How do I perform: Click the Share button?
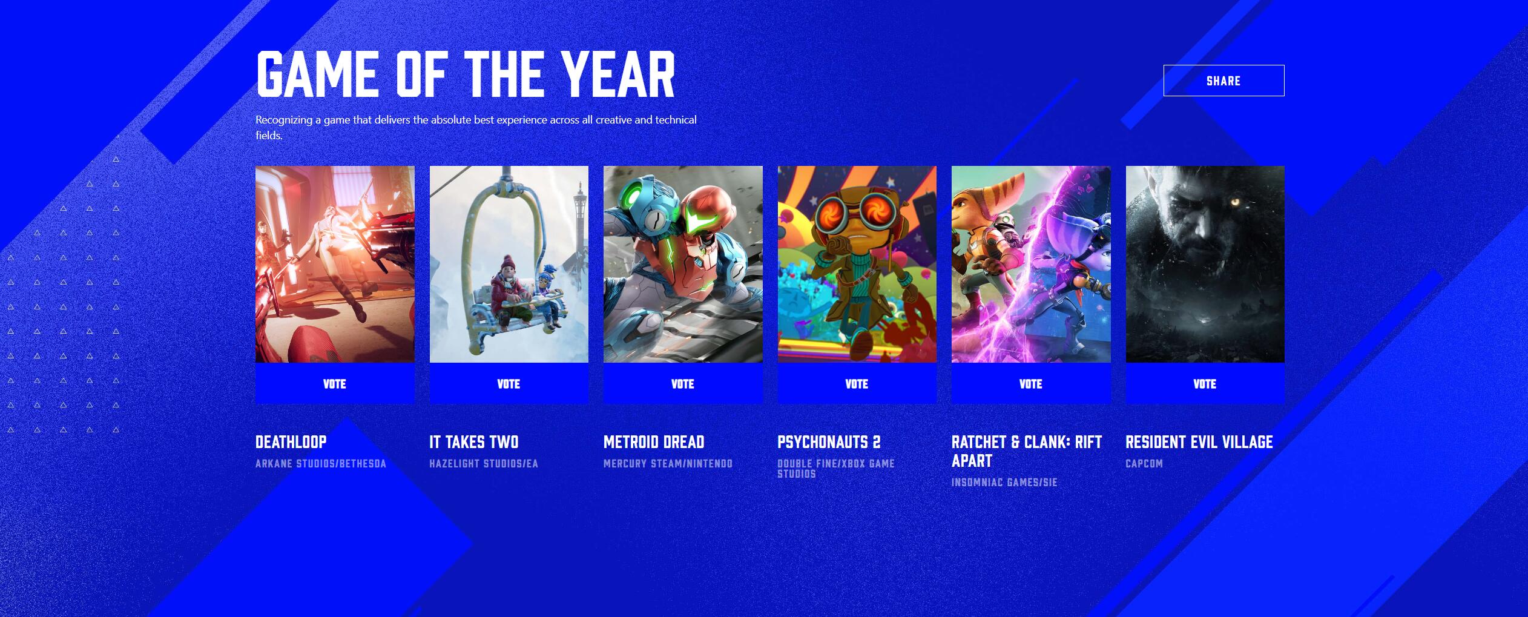click(x=1223, y=81)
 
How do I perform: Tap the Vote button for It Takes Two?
click(x=509, y=384)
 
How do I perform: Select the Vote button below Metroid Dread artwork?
click(x=683, y=384)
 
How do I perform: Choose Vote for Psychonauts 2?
click(x=857, y=384)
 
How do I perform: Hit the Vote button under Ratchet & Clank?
click(x=1031, y=384)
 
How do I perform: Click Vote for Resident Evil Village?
click(x=1205, y=384)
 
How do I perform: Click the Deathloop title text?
click(x=291, y=442)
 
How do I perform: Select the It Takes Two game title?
click(x=474, y=442)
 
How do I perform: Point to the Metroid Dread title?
click(x=654, y=442)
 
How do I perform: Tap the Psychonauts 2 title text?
click(x=829, y=442)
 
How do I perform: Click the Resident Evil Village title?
click(x=1199, y=442)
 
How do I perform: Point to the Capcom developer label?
click(x=1144, y=464)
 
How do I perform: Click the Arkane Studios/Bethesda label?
click(x=321, y=464)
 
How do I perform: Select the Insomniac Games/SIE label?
click(x=1004, y=483)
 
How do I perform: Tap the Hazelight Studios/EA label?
click(x=484, y=464)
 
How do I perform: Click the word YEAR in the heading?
click(x=617, y=74)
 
